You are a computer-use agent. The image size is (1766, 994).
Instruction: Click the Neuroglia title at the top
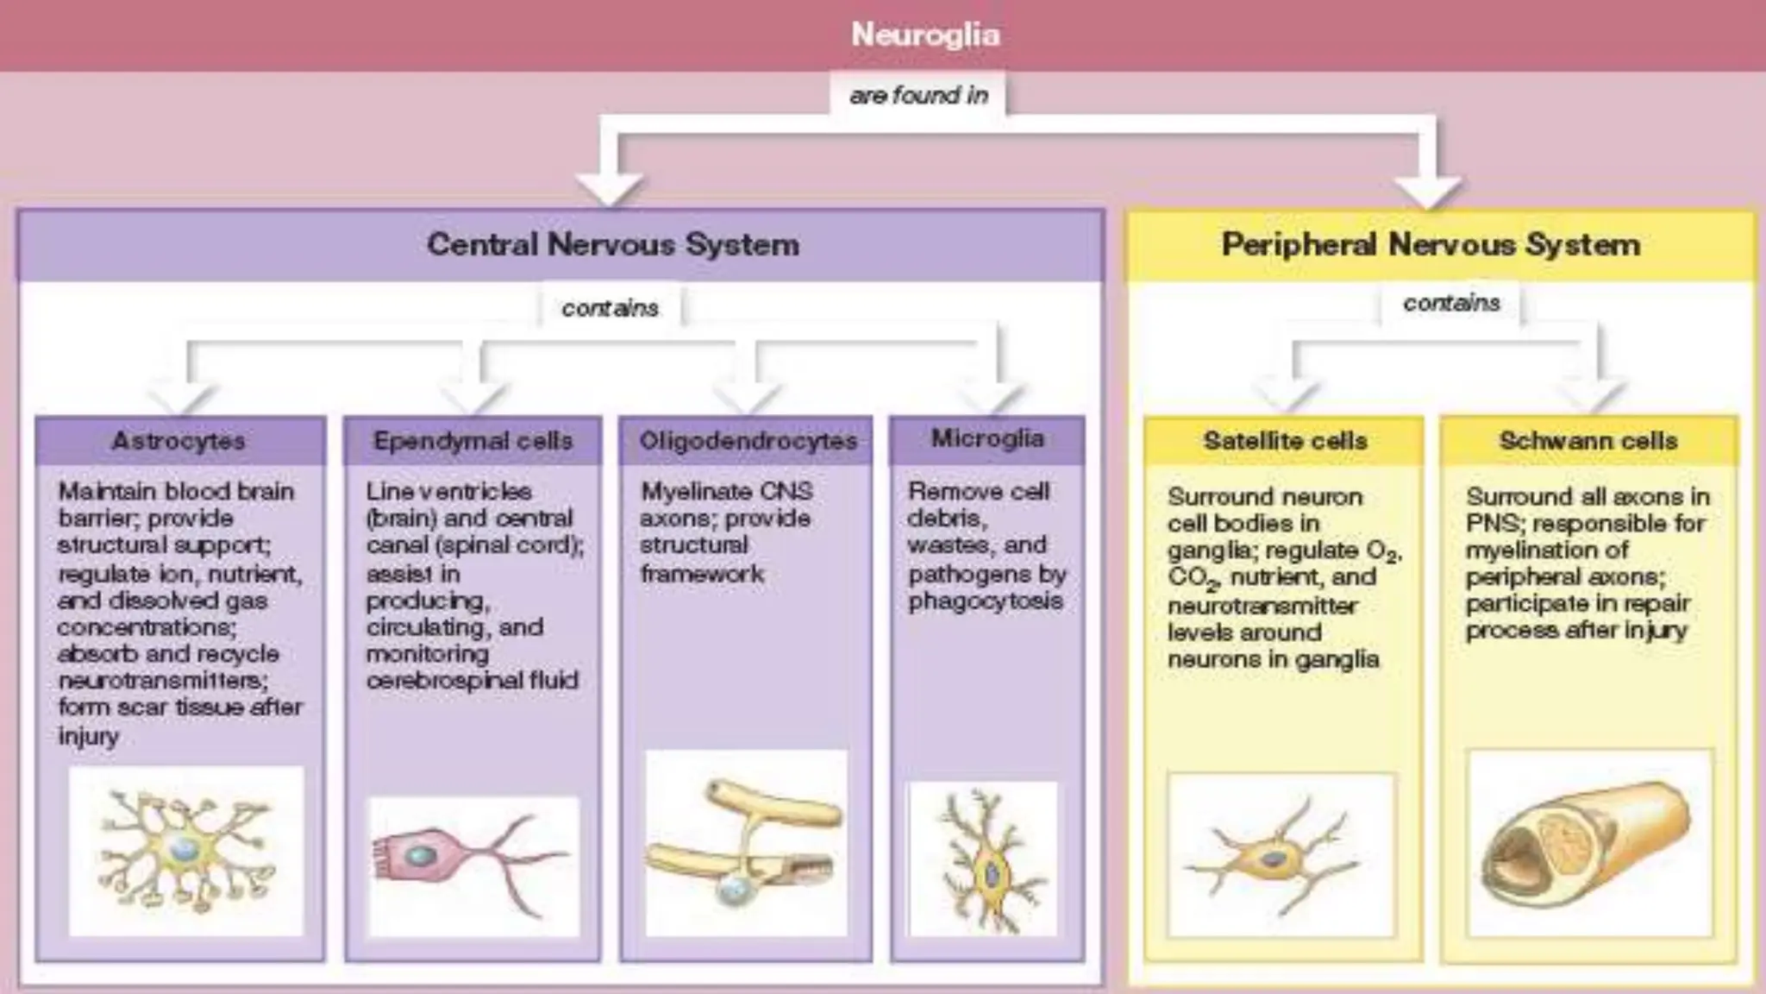click(925, 35)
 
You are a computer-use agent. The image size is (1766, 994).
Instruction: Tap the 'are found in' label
click(918, 95)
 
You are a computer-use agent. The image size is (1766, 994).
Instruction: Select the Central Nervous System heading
click(613, 245)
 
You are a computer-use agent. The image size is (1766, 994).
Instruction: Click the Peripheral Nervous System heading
click(1431, 245)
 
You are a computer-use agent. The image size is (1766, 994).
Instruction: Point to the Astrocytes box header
click(179, 441)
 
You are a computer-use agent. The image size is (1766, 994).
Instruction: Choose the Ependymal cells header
click(473, 441)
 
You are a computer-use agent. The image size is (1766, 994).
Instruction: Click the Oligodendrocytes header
click(748, 441)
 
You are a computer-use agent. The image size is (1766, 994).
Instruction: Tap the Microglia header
click(987, 438)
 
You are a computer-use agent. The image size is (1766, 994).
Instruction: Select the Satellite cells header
click(1285, 441)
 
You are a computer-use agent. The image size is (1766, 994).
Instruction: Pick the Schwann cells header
click(1588, 441)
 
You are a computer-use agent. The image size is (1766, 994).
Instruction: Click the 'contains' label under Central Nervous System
click(610, 308)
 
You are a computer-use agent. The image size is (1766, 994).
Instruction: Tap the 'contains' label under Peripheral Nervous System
click(1451, 303)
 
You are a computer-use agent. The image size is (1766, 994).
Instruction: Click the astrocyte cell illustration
click(185, 850)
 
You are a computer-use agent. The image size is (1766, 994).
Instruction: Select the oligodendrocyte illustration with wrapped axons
click(746, 841)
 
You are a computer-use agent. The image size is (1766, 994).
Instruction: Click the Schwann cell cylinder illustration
click(1588, 841)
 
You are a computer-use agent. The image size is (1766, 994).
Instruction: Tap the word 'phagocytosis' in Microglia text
click(985, 601)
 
